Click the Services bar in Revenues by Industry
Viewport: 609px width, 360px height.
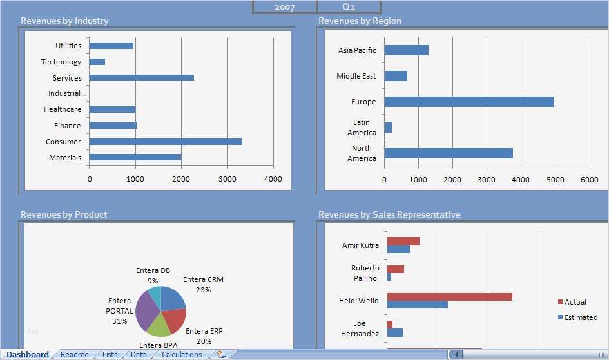(141, 77)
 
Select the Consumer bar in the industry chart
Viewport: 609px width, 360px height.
(166, 142)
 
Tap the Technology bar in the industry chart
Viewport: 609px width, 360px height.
(97, 62)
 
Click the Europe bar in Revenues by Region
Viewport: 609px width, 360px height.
(469, 102)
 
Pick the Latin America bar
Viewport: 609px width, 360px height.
(388, 128)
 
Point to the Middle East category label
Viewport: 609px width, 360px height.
(356, 76)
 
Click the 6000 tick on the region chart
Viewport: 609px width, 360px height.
(590, 180)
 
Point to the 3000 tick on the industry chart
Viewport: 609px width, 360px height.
(227, 179)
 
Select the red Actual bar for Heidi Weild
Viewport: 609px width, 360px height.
(449, 297)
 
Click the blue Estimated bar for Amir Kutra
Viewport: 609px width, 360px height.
(398, 249)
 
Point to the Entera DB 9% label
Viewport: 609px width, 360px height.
(153, 276)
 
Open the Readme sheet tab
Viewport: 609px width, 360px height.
(75, 355)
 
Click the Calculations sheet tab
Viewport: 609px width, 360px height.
(182, 355)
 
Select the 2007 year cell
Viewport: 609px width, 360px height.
(284, 7)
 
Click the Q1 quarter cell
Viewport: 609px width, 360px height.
(349, 7)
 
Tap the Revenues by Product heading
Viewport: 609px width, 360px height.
(64, 214)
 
